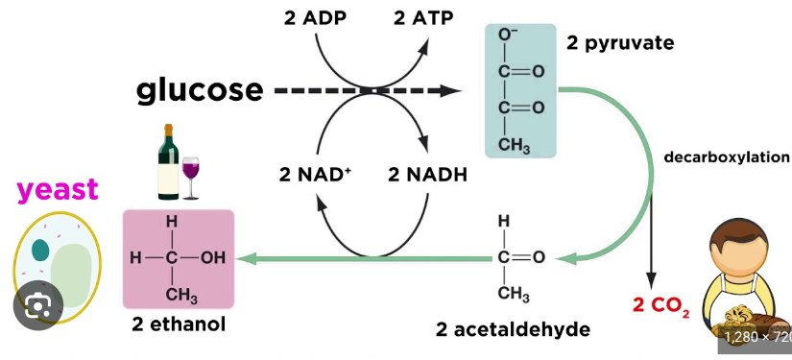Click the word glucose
200,90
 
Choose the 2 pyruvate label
620,44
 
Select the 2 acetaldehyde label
513,329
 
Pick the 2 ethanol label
180,324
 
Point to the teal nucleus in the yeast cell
40,251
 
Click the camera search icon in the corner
38,306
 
